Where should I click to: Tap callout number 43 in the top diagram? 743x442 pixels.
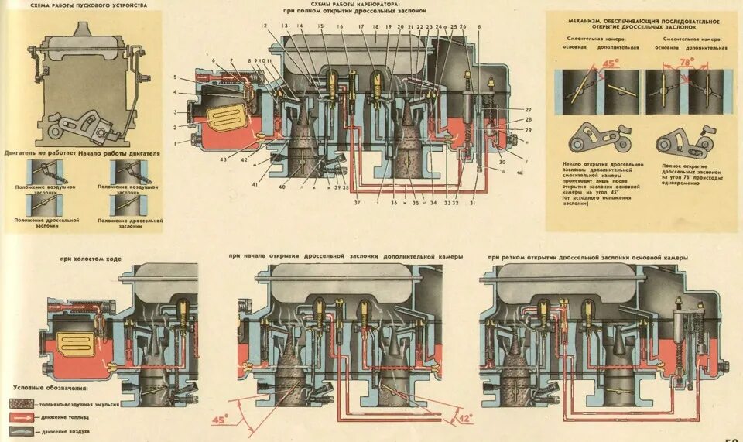pyautogui.click(x=224, y=159)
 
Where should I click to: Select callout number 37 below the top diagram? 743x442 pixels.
pyautogui.click(x=357, y=203)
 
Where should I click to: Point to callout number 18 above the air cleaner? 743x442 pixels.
pyautogui.click(x=375, y=27)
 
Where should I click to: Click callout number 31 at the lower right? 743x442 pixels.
pyautogui.click(x=472, y=203)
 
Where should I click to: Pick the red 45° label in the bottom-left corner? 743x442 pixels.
pyautogui.click(x=220, y=420)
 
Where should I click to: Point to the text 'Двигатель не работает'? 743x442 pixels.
pyautogui.click(x=36, y=154)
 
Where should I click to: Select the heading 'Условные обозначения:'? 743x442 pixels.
pyautogui.click(x=51, y=387)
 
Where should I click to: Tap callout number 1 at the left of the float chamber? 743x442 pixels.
pyautogui.click(x=176, y=142)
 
